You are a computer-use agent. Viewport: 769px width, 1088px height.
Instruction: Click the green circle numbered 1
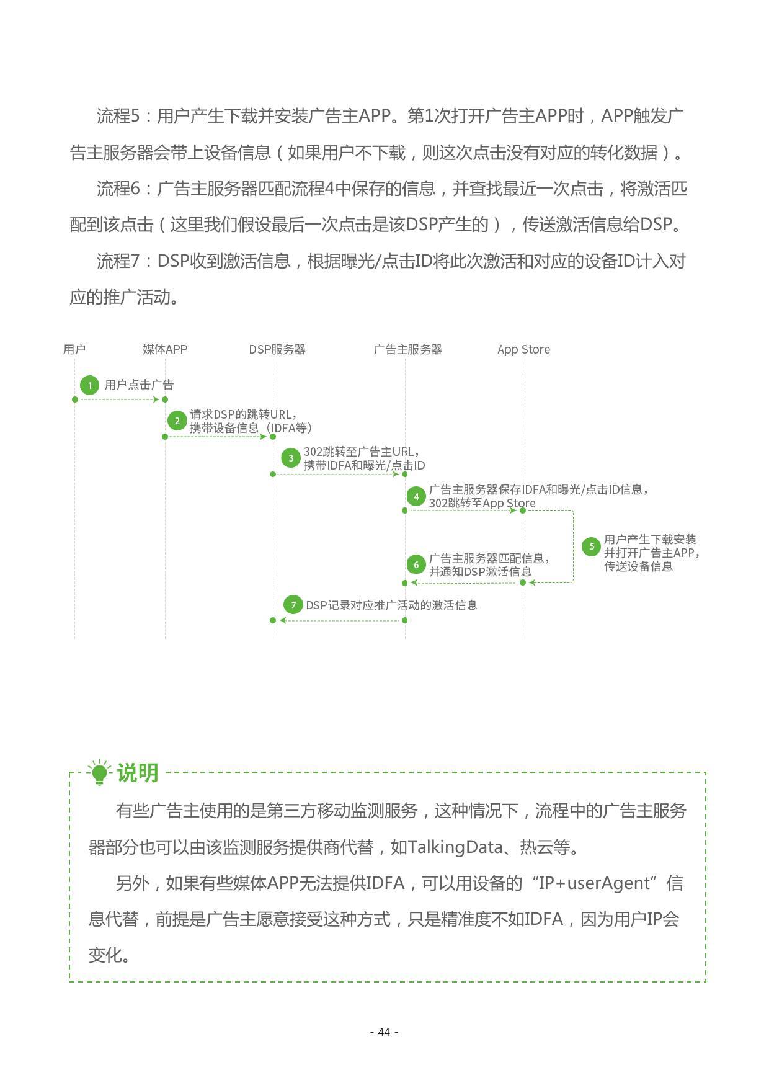click(x=90, y=385)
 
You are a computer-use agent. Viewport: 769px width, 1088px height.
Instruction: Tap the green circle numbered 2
click(x=177, y=421)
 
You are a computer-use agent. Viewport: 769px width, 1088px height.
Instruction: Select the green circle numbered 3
click(x=290, y=458)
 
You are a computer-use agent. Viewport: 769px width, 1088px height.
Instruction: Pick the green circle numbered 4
click(x=416, y=496)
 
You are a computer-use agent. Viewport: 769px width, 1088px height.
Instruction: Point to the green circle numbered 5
click(x=591, y=546)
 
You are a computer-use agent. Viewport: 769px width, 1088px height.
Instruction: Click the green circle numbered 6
click(x=416, y=564)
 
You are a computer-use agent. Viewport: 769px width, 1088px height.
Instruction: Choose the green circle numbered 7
click(x=293, y=605)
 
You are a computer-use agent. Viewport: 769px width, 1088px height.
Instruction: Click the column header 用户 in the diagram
click(x=74, y=349)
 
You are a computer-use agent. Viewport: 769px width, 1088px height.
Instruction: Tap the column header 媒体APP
click(x=165, y=349)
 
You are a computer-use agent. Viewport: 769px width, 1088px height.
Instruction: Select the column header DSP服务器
click(x=277, y=349)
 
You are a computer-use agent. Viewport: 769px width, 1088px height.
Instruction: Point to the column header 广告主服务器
click(x=407, y=349)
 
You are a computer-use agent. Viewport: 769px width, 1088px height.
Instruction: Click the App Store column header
click(x=523, y=349)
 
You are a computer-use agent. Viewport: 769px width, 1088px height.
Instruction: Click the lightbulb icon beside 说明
click(x=99, y=773)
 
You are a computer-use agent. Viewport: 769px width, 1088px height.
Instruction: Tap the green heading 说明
click(x=138, y=773)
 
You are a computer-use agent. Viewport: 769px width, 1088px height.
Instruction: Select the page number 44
click(x=384, y=1032)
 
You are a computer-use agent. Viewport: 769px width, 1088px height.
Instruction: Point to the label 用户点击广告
click(x=139, y=385)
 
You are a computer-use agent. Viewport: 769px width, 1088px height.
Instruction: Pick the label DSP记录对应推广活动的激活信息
click(x=391, y=605)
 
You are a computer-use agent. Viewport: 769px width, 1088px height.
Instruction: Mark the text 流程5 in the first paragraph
click(x=118, y=116)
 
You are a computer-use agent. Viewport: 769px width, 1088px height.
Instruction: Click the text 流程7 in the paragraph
click(x=118, y=261)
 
